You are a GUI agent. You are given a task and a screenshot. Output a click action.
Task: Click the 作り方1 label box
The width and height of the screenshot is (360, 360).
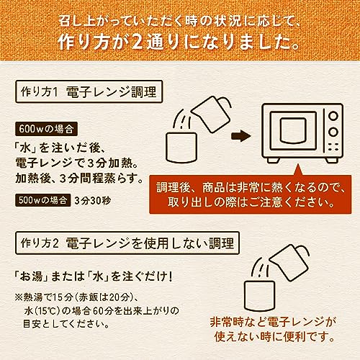coord(37,93)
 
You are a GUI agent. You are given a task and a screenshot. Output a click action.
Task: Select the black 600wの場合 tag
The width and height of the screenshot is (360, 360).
coord(45,130)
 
